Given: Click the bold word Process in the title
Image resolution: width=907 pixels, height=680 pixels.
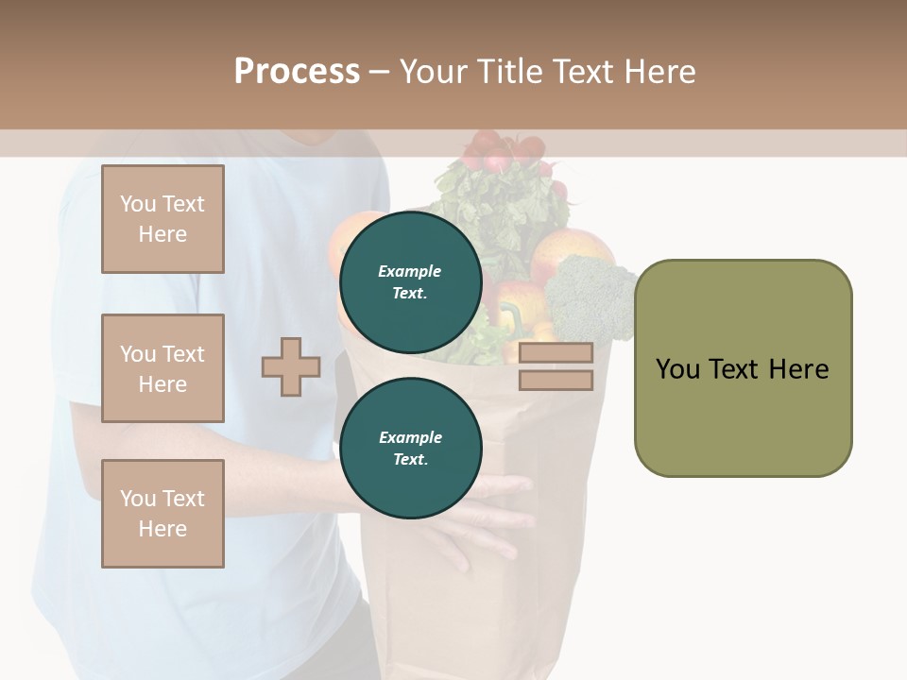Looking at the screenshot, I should pos(297,71).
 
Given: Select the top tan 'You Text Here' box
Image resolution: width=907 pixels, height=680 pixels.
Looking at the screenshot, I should pos(163,219).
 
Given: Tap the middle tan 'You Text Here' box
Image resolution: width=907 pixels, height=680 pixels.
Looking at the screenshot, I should pos(163,368).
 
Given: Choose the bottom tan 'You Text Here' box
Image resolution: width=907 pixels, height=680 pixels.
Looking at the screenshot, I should pos(163,514).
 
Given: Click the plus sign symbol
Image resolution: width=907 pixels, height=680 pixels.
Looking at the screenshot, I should pos(290,366).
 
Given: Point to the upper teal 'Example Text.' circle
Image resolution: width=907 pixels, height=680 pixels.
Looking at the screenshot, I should pos(410,282).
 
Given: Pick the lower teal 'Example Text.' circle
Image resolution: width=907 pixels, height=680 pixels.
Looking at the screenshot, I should pos(410,449).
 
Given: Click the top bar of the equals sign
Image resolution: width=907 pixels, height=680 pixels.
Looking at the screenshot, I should pos(556,353).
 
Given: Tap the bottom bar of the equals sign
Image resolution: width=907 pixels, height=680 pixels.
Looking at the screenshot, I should pos(556,381).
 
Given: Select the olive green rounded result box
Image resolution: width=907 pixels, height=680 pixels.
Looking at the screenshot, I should pos(743,368).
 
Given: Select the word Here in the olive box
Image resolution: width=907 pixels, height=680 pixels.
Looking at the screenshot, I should pos(798,369).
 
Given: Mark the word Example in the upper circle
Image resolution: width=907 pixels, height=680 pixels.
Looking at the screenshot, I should pos(410,272).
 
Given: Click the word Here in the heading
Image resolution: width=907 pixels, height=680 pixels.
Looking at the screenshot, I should pos(659,71).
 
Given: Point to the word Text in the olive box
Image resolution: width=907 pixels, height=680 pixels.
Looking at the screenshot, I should pos(736,369).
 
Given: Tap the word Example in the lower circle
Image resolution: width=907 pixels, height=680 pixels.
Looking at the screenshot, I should pos(410,438).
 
